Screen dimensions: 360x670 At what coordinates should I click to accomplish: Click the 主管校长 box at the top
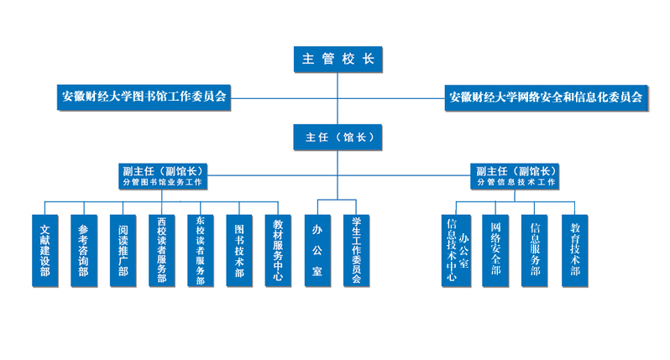coord(337,60)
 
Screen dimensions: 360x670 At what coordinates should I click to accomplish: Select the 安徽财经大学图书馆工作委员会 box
coord(144,96)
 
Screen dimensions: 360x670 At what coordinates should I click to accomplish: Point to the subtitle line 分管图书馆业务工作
coord(163,182)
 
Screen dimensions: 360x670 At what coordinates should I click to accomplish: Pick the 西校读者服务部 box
coord(161,251)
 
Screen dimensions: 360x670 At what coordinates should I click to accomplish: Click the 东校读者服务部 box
coord(200,251)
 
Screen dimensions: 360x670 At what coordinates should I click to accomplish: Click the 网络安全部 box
coord(496,250)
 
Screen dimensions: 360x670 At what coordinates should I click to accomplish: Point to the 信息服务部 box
coord(536,250)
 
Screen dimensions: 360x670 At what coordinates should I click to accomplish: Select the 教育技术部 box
coord(575,250)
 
